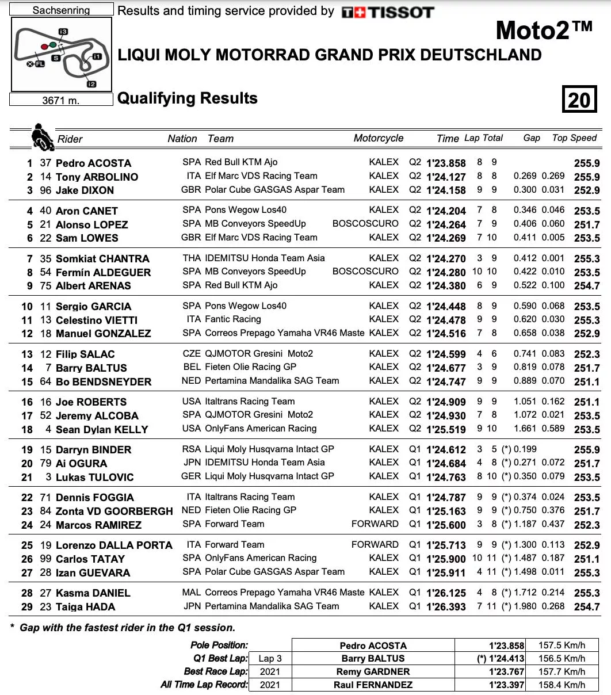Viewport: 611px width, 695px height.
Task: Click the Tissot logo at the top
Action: [x=387, y=12]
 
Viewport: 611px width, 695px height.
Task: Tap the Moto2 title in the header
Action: [x=543, y=30]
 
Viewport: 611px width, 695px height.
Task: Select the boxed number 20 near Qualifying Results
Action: [x=579, y=100]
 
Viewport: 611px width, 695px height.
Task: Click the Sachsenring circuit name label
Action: [x=62, y=10]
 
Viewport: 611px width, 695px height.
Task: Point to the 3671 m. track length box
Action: [x=61, y=100]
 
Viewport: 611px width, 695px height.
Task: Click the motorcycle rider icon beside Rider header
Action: [x=42, y=136]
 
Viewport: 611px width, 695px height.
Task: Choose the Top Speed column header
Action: [x=574, y=138]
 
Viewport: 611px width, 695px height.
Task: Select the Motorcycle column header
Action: [x=378, y=138]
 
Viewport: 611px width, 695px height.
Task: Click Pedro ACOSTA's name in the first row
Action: [x=93, y=163]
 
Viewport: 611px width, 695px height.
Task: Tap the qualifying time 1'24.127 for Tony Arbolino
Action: [x=446, y=177]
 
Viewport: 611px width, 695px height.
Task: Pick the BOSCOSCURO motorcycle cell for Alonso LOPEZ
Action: [x=365, y=224]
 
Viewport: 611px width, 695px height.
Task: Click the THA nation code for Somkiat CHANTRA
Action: [x=192, y=258]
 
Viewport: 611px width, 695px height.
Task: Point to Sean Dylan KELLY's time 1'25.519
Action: [x=446, y=429]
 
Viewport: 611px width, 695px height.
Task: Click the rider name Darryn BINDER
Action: [x=93, y=450]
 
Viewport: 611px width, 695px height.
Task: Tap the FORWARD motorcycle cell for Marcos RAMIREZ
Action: [x=375, y=524]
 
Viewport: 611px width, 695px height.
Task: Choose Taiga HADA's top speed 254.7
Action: [x=586, y=607]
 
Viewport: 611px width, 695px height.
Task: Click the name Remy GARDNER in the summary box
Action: [x=373, y=671]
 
